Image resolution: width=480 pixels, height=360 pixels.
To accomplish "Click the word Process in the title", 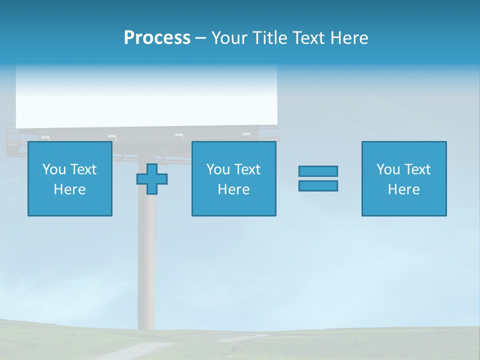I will (x=157, y=38).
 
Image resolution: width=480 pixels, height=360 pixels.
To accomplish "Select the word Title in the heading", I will (x=271, y=38).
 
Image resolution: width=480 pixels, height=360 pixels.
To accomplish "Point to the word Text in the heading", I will (x=309, y=38).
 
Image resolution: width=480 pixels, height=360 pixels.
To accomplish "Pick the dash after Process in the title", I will (x=200, y=38).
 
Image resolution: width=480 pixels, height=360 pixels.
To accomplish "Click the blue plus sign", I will (x=152, y=179).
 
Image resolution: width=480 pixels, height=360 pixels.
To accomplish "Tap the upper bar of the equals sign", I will (x=318, y=171).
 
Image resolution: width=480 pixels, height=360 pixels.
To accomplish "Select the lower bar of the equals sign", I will (x=318, y=185).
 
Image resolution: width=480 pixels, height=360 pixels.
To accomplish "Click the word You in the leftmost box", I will (x=54, y=169).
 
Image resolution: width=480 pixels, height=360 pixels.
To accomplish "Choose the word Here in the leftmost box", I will (x=69, y=189).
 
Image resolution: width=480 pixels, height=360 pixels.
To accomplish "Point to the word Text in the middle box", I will (x=248, y=169).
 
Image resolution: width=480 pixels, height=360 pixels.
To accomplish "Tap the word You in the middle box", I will (x=218, y=169).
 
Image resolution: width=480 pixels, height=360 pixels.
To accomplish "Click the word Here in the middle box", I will (x=233, y=189).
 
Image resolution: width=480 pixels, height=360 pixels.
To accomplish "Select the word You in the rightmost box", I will (x=388, y=169).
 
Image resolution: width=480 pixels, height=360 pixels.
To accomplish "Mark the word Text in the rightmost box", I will (x=418, y=169).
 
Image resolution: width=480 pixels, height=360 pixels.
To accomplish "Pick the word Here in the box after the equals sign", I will (x=403, y=189).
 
